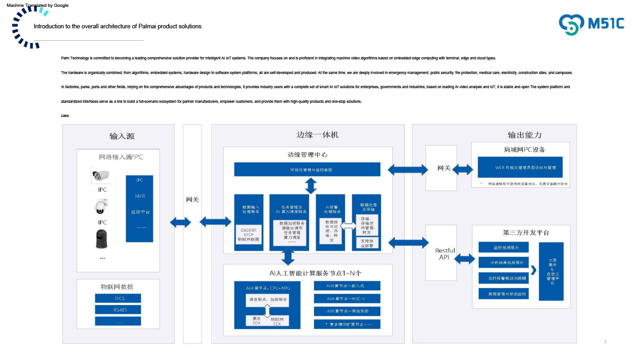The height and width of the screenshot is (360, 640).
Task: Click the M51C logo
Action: (x=592, y=23)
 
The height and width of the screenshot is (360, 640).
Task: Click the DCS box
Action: (x=118, y=298)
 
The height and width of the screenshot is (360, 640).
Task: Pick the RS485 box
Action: (x=118, y=310)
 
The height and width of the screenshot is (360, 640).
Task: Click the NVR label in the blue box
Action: (x=139, y=196)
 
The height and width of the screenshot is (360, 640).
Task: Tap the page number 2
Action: (x=605, y=342)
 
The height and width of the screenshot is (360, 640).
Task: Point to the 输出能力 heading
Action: (x=524, y=135)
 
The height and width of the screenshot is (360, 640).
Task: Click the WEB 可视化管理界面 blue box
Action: (x=520, y=168)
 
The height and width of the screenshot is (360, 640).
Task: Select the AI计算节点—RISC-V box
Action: (x=347, y=298)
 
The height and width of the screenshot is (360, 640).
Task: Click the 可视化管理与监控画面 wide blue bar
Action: (x=307, y=169)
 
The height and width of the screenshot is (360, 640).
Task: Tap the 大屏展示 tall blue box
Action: (x=551, y=271)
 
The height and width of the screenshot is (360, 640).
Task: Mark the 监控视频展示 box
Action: (x=504, y=248)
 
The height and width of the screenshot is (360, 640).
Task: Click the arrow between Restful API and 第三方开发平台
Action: (x=464, y=259)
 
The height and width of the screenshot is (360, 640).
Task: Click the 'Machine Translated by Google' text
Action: (x=37, y=5)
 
